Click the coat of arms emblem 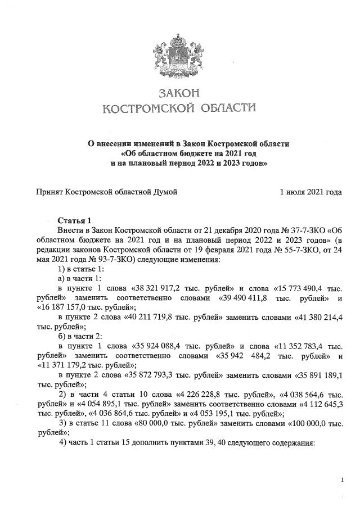(x=179, y=56)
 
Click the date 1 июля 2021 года (x=310, y=192)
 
